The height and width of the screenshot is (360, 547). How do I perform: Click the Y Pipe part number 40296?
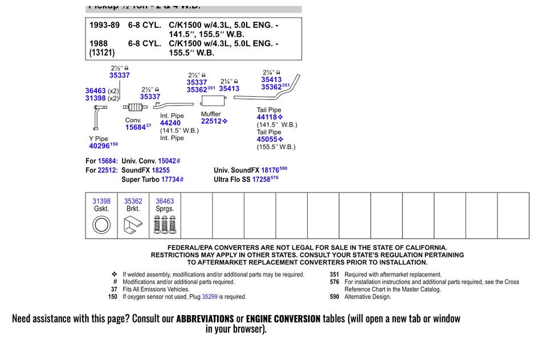click(99, 146)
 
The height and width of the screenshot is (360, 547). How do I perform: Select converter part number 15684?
click(136, 128)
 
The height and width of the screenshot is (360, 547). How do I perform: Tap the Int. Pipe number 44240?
click(170, 123)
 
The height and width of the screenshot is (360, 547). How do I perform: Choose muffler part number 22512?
click(211, 121)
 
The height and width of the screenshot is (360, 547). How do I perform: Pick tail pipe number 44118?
click(267, 117)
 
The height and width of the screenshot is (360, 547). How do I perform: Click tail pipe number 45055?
click(267, 140)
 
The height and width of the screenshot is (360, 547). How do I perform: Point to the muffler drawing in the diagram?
click(213, 101)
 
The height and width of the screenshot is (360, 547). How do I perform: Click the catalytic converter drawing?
click(134, 108)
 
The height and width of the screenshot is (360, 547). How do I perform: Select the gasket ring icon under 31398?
click(101, 225)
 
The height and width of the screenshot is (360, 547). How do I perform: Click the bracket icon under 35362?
click(133, 226)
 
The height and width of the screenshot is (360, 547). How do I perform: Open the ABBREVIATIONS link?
click(205, 318)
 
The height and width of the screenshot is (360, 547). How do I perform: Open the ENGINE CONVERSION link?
click(283, 318)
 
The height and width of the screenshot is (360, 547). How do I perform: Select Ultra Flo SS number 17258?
click(261, 179)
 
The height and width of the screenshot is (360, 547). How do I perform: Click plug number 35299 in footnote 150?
click(210, 297)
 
